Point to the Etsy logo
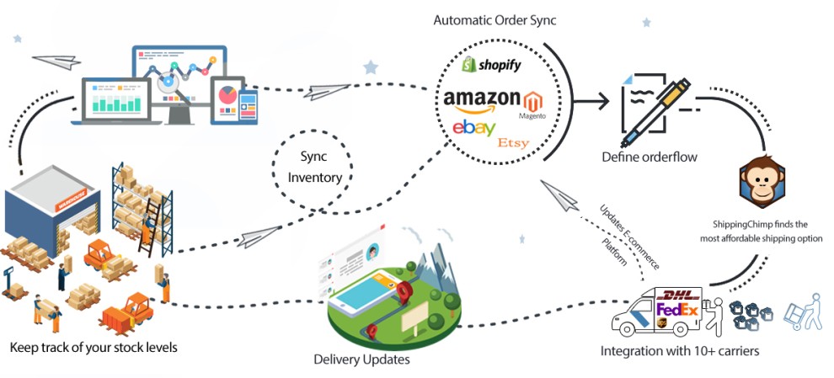click(x=513, y=143)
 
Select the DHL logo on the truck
click(x=679, y=295)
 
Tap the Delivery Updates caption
click(x=361, y=359)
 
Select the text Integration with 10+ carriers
click(x=679, y=350)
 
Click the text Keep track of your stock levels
click(x=94, y=346)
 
